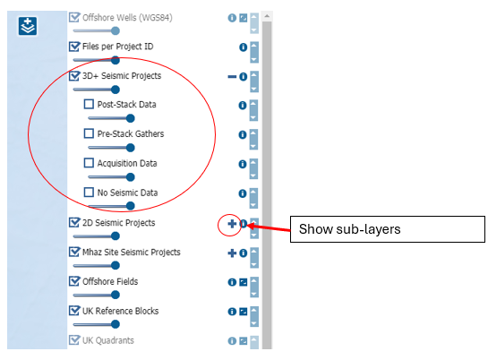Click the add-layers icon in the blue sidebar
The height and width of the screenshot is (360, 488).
[28, 26]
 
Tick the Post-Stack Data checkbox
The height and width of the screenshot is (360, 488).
[89, 104]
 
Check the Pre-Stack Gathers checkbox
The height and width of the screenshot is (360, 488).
[89, 133]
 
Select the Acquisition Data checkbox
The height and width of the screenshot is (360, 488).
[89, 163]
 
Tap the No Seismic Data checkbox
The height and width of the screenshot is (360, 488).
[89, 192]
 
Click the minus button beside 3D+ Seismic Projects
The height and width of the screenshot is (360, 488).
[232, 76]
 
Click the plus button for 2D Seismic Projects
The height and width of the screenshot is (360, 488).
[232, 224]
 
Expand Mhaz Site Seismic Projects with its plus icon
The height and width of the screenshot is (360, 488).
[232, 253]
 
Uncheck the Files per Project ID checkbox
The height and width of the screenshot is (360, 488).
[74, 47]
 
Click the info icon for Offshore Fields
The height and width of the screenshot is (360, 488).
[232, 282]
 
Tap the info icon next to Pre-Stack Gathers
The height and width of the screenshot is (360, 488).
[243, 134]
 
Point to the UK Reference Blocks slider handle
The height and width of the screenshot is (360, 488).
[116, 324]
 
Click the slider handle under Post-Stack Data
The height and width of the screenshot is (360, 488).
[131, 118]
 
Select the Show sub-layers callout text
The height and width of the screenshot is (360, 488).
[349, 229]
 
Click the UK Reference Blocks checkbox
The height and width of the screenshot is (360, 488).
[74, 311]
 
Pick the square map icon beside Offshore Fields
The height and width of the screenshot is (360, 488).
[244, 282]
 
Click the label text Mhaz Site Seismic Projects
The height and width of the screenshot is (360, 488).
[132, 252]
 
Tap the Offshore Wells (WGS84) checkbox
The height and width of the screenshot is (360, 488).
[74, 17]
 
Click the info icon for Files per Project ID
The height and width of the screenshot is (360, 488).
[243, 47]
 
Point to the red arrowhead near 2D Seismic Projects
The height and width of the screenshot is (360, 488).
[250, 226]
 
